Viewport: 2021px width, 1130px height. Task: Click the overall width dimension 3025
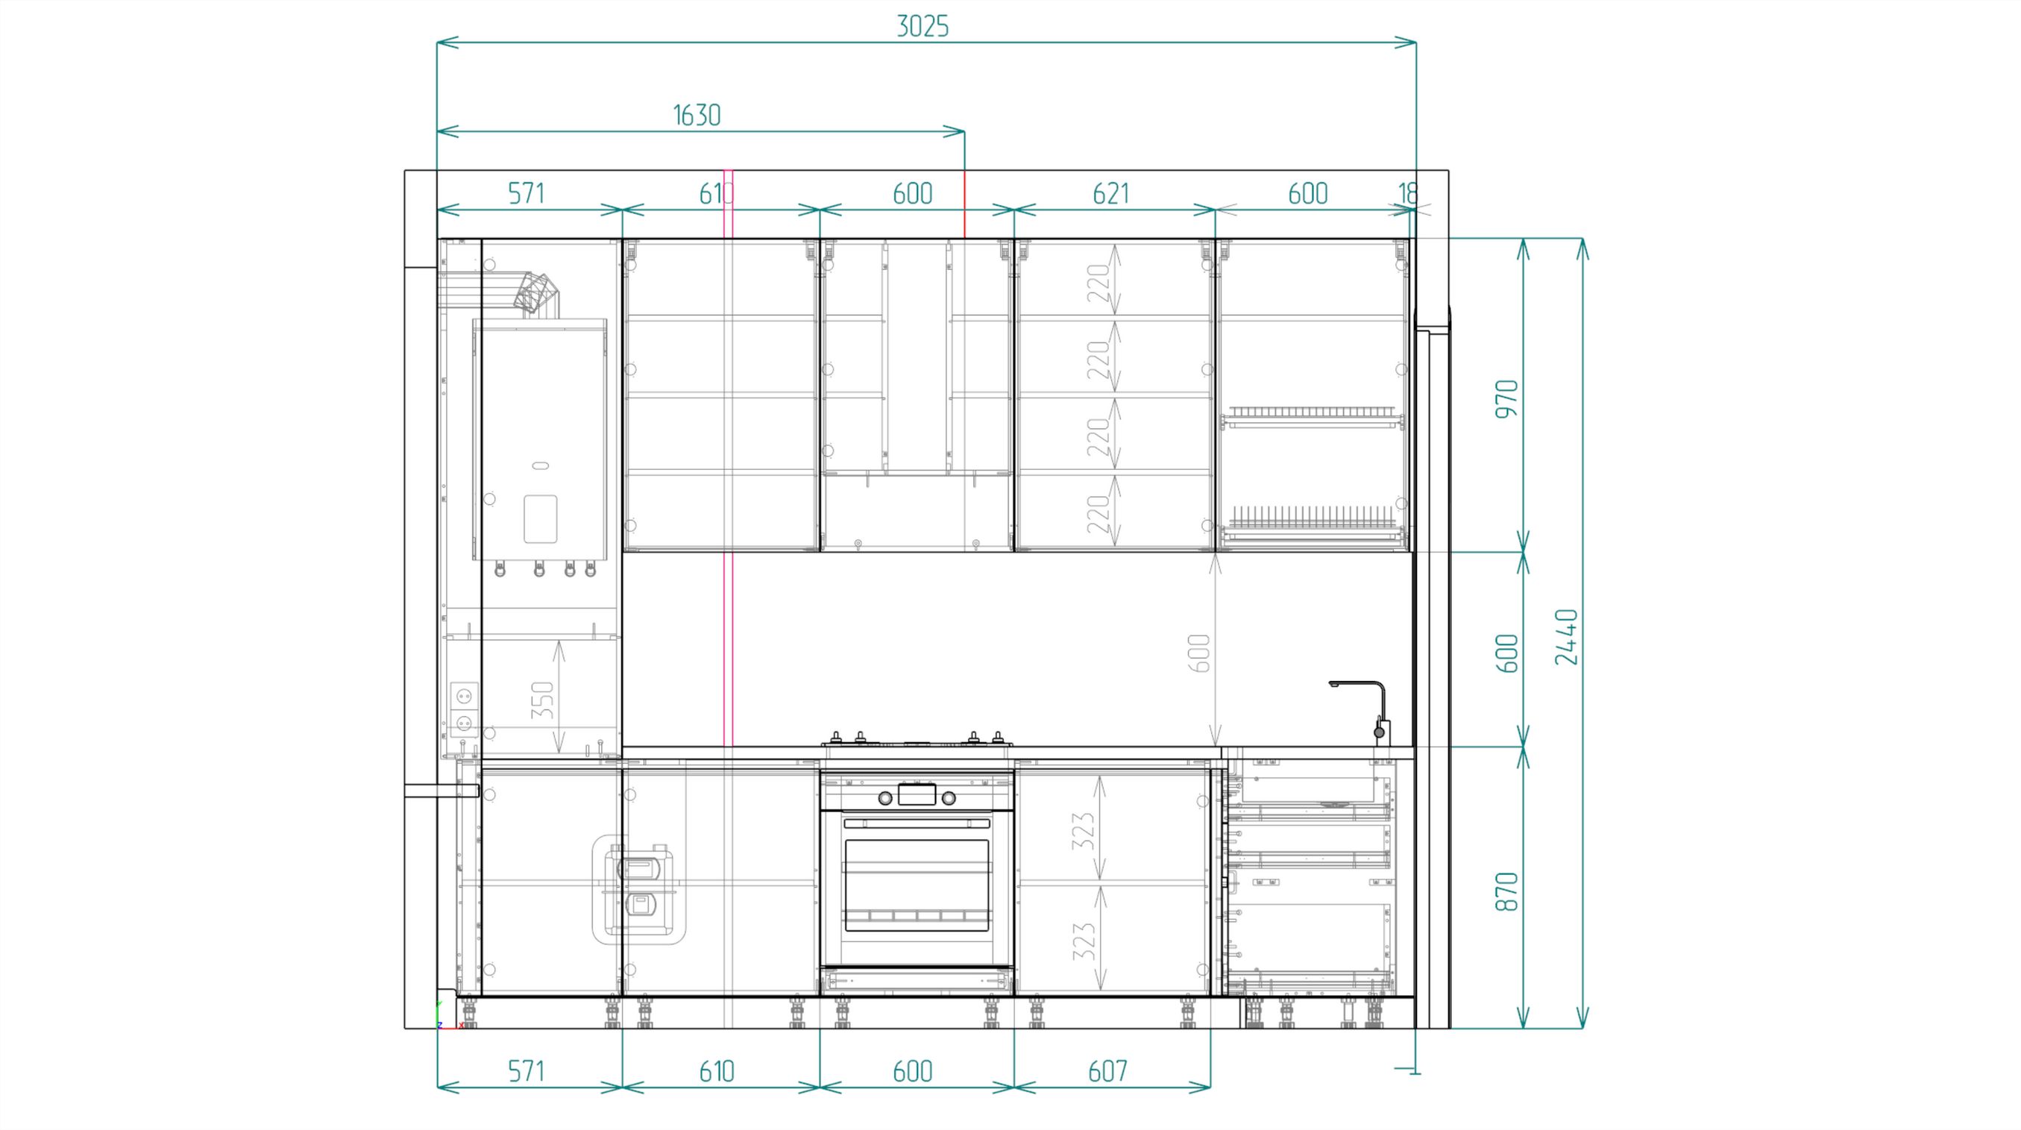click(923, 27)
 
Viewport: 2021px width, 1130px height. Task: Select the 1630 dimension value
click(697, 116)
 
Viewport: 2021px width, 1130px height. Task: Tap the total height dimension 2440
click(1566, 636)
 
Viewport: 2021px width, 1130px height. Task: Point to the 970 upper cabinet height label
click(1506, 398)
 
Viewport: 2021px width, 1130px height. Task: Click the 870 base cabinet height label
click(1506, 891)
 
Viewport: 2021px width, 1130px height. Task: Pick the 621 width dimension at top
click(1111, 193)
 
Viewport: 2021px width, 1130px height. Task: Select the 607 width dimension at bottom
click(1107, 1071)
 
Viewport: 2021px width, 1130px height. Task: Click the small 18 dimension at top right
click(1407, 193)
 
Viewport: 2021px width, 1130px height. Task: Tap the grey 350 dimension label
click(542, 700)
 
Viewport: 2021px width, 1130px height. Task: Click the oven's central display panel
click(917, 795)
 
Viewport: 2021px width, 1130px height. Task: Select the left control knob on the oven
click(885, 798)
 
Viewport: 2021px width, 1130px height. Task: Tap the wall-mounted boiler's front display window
click(540, 518)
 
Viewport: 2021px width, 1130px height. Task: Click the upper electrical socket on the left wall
click(464, 695)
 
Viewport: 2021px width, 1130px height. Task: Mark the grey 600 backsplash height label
click(1198, 653)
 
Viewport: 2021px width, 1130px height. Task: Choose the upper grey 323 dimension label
click(1083, 831)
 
